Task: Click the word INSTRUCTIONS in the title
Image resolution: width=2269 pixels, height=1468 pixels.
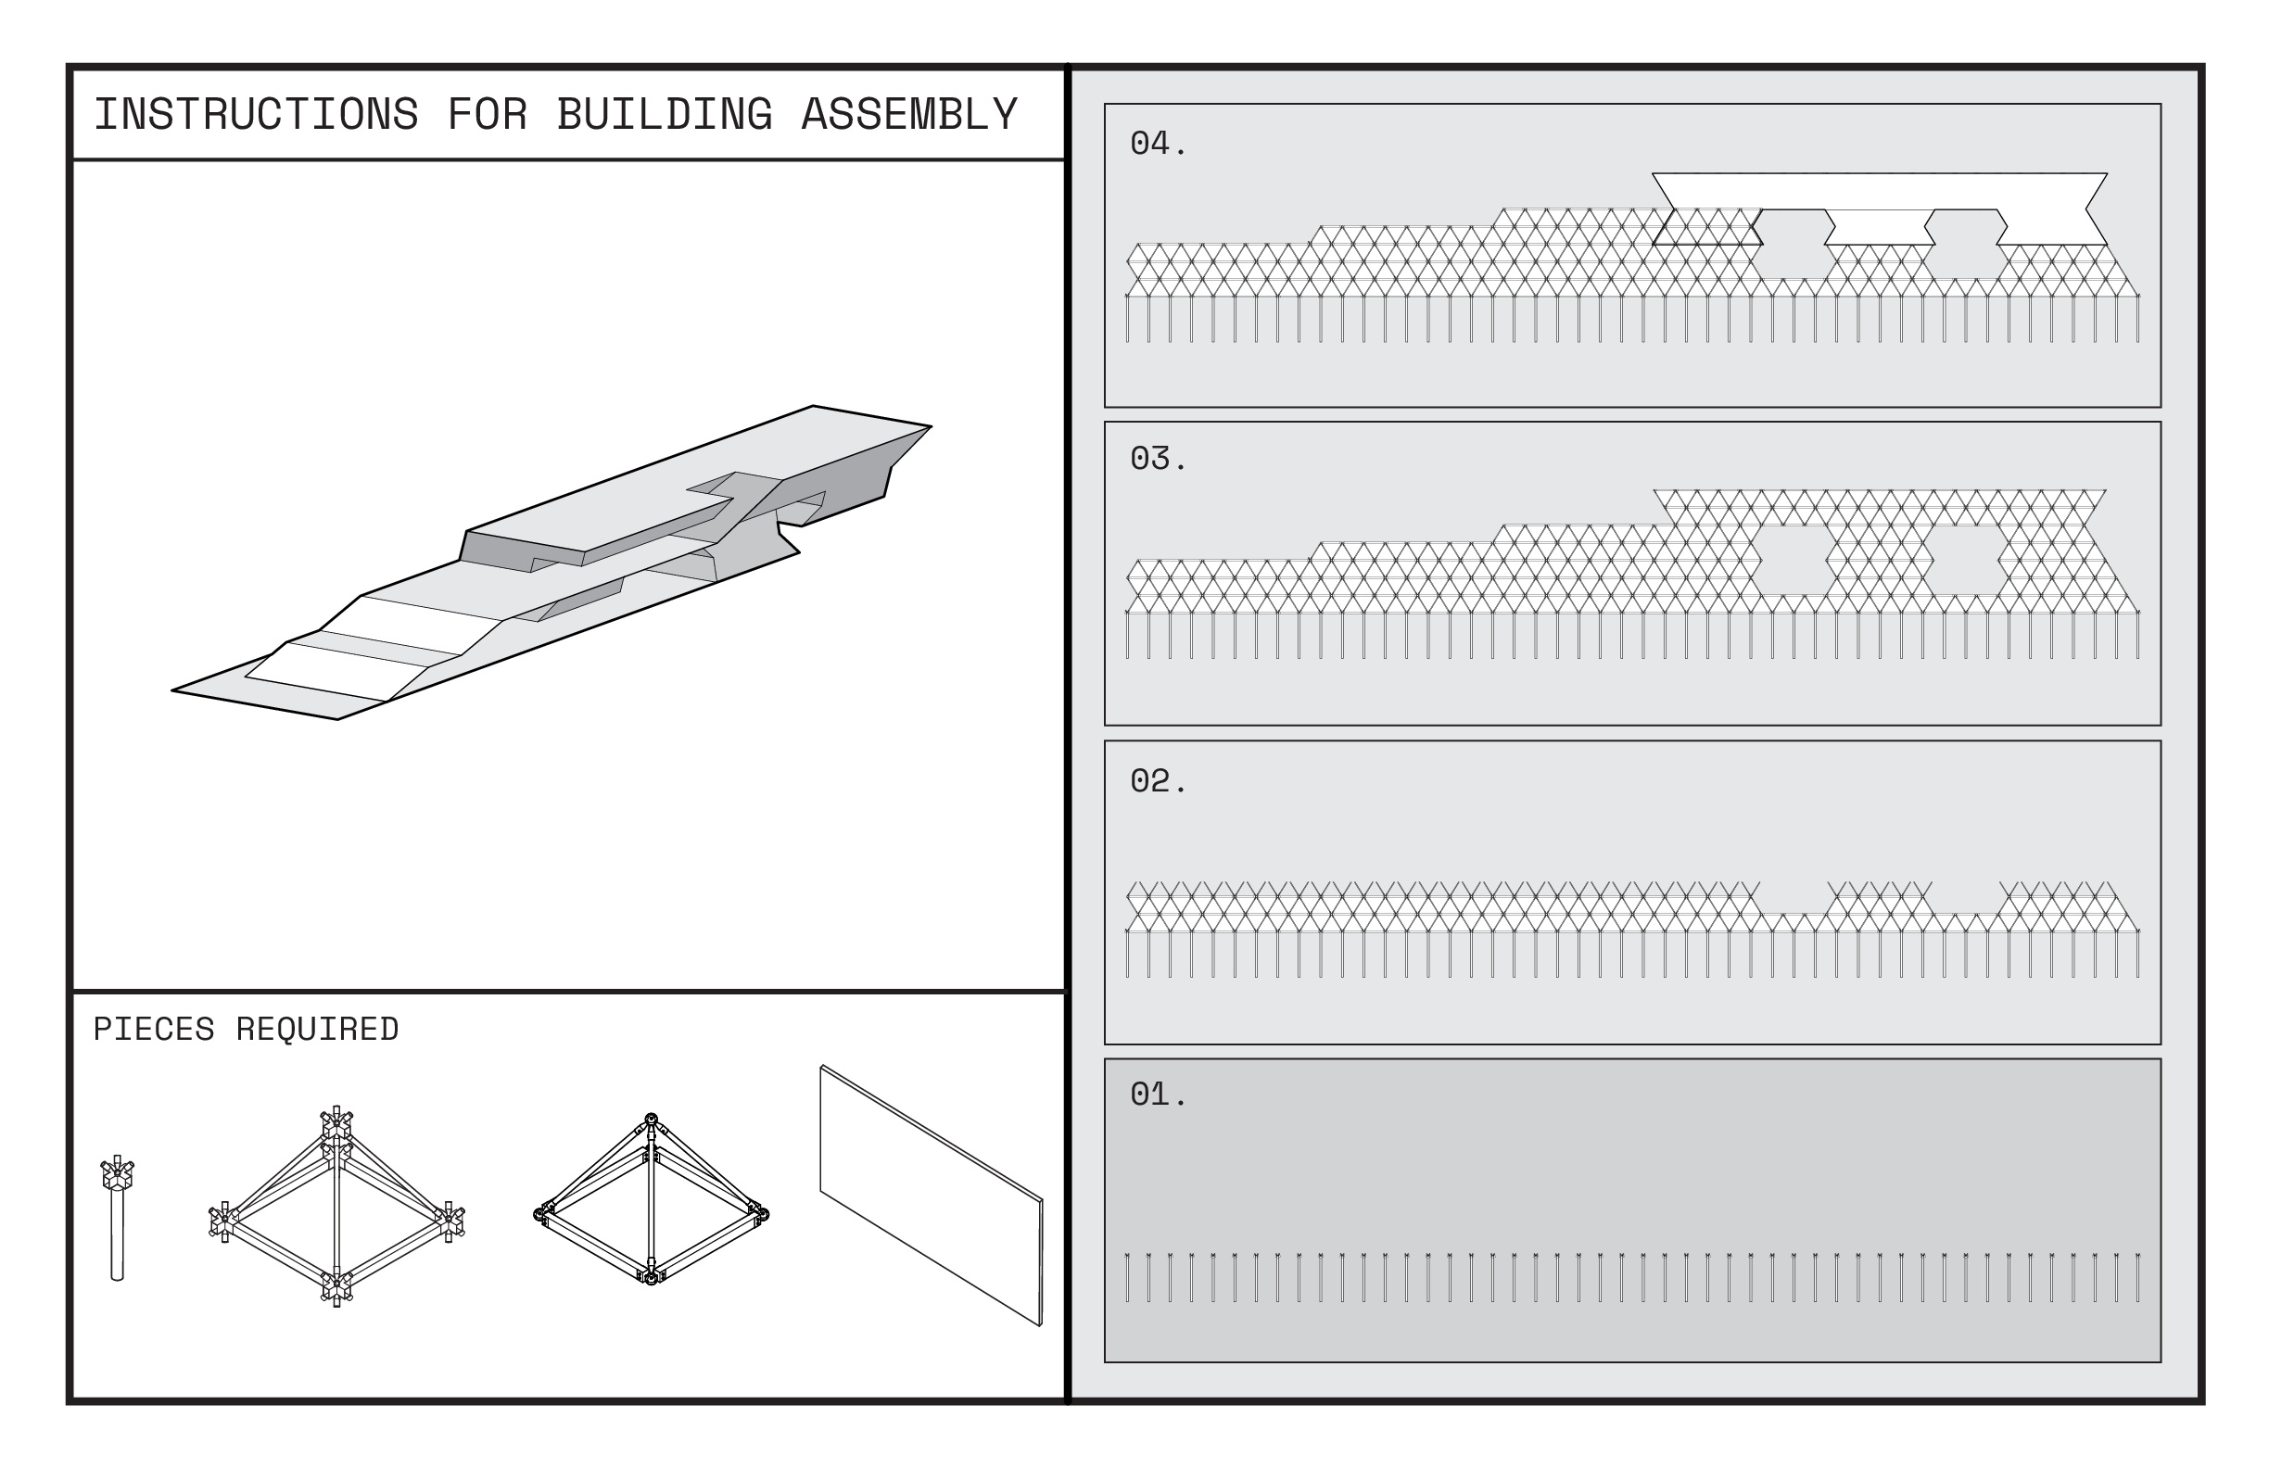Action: tap(256, 115)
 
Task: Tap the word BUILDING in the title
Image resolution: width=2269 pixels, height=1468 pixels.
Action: tap(665, 115)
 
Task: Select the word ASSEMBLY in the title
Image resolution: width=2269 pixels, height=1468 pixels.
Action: tap(909, 115)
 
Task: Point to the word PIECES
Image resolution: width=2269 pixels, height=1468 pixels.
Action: tap(154, 1030)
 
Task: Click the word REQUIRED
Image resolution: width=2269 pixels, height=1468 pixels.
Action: tap(318, 1030)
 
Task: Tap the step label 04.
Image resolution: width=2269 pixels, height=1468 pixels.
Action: tap(1158, 144)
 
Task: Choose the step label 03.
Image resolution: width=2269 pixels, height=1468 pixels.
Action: tap(1158, 460)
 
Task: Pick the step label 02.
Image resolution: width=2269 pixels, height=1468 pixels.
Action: tap(1158, 781)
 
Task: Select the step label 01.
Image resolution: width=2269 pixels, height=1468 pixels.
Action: tap(1158, 1095)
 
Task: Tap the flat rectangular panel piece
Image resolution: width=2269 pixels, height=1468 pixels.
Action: tap(931, 1196)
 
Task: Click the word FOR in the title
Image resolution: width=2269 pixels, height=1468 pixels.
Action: tap(488, 115)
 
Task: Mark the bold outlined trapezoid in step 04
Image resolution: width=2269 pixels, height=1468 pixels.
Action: tap(1706, 228)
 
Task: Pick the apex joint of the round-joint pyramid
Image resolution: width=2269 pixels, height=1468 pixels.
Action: tap(652, 1121)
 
